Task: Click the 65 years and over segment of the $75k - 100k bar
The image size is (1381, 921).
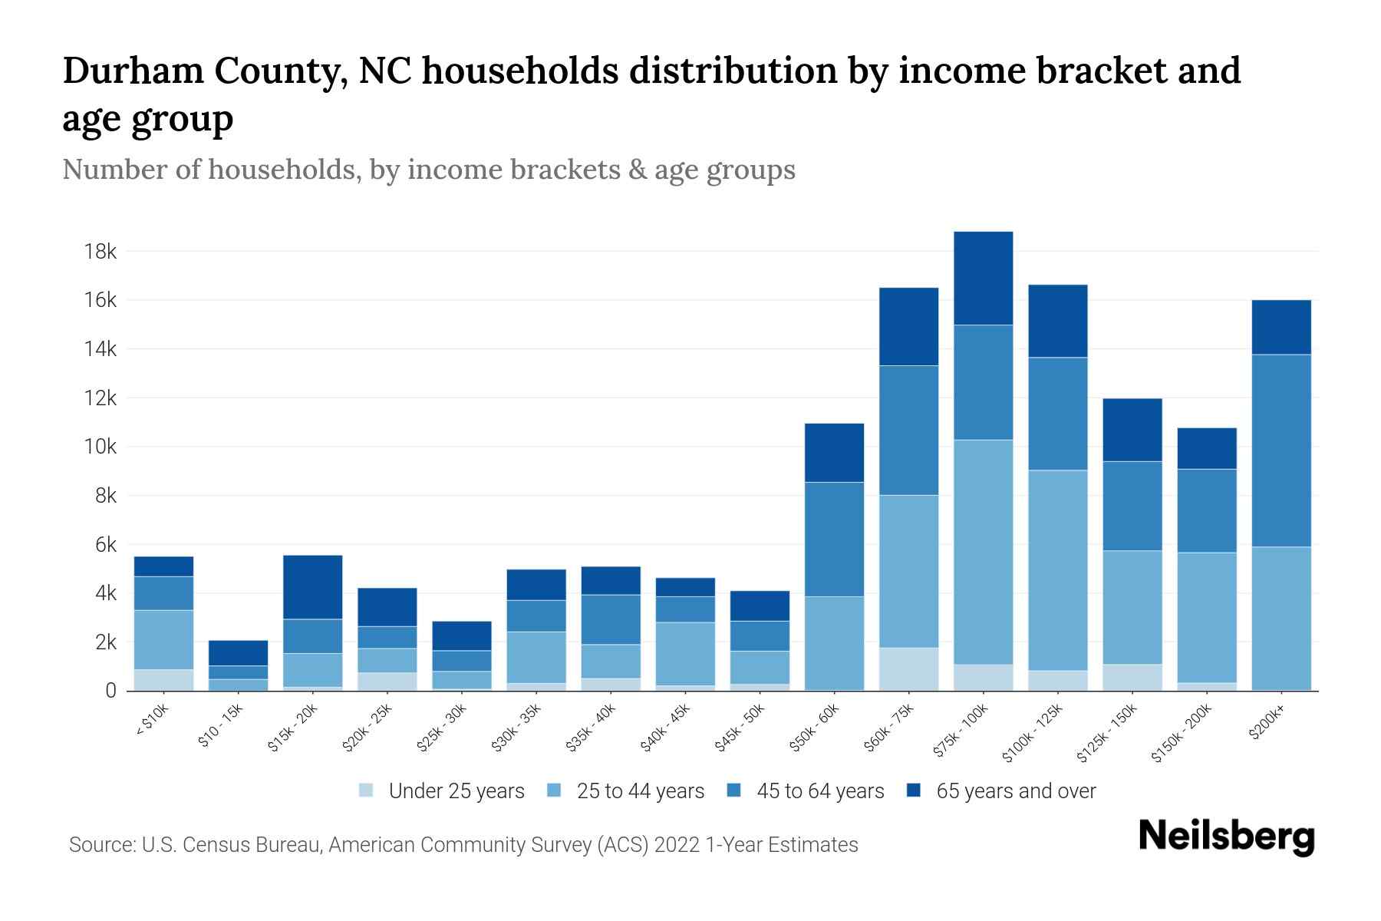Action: click(983, 278)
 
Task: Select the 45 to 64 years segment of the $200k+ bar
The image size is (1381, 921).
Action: click(1281, 451)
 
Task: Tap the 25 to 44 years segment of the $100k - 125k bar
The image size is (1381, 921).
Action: click(1057, 570)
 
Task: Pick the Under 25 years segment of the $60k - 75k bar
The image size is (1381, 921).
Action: click(908, 669)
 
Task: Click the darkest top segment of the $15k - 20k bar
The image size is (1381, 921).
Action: click(312, 587)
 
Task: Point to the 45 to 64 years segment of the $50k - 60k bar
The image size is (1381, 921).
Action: click(834, 540)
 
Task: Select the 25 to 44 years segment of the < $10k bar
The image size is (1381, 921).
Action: click(163, 640)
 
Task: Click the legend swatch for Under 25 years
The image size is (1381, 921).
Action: click(367, 791)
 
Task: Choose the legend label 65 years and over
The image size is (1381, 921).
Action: click(1016, 791)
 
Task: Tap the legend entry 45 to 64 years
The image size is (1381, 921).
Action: click(820, 791)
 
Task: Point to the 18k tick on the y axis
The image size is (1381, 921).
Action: click(101, 252)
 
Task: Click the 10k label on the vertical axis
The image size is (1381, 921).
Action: click(101, 447)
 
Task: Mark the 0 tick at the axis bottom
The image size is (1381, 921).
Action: click(111, 691)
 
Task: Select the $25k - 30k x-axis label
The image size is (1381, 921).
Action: click(442, 728)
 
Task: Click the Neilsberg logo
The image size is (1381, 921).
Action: click(1227, 837)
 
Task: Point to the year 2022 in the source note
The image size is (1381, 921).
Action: click(677, 845)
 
